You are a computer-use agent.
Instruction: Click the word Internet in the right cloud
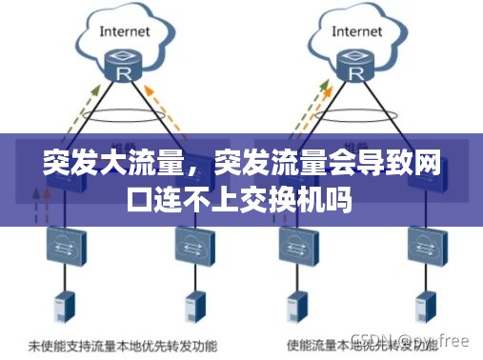pyautogui.click(x=357, y=30)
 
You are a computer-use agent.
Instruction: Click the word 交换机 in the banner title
pyautogui.click(x=290, y=202)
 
